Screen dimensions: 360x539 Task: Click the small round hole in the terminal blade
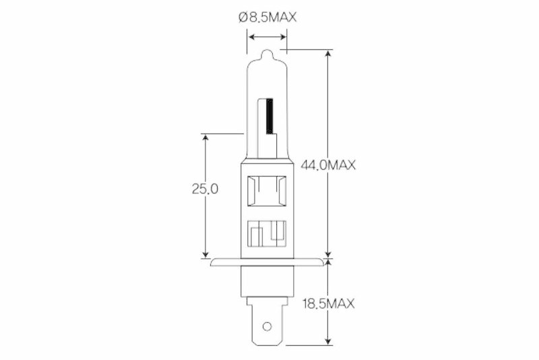point(267,328)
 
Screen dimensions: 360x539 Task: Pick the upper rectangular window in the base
point(267,192)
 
